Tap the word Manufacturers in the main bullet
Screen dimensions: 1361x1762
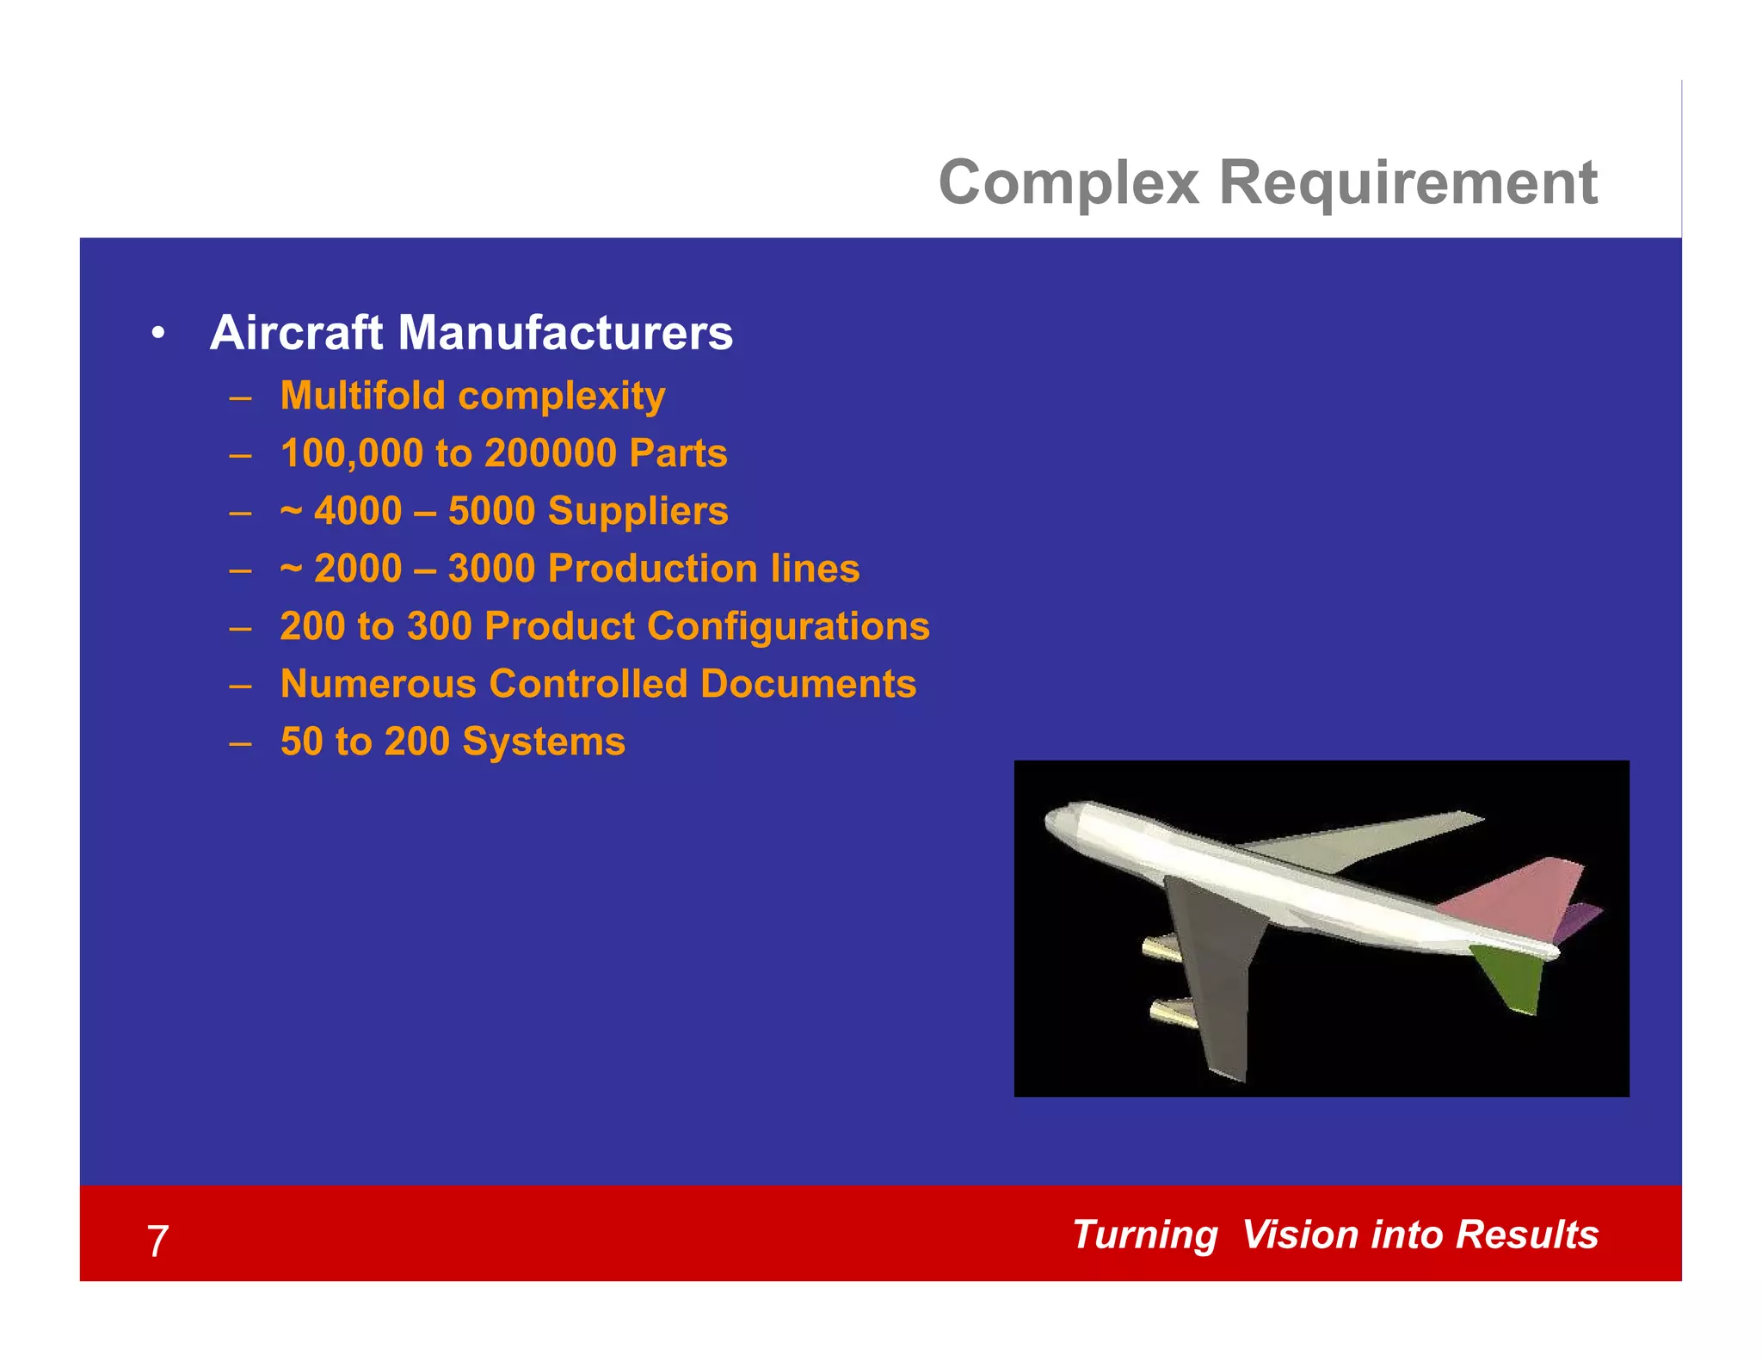coord(565,333)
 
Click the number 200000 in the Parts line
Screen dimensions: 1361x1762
coord(551,453)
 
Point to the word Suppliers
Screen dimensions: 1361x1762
coord(638,511)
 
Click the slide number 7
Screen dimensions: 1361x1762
coord(157,1241)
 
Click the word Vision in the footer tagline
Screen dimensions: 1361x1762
coord(1299,1235)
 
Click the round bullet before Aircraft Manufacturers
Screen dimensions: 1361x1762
coord(157,334)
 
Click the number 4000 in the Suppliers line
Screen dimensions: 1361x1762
coord(358,511)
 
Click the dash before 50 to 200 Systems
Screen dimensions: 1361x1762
coord(240,742)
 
